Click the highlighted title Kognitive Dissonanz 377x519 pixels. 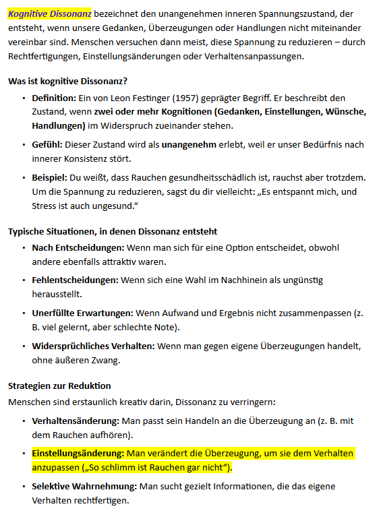tap(50, 13)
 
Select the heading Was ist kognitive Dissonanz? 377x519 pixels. tap(67, 81)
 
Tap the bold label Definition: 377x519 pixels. tap(54, 98)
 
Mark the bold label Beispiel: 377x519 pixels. tap(50, 177)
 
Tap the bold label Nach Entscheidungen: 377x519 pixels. tap(78, 248)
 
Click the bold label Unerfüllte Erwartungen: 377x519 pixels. tap(82, 313)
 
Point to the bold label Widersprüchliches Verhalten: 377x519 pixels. tap(93, 346)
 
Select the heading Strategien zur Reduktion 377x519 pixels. tap(59, 386)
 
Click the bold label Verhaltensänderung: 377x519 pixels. tap(76, 421)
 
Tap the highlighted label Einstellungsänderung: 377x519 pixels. tap(78, 453)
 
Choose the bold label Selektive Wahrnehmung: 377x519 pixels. tap(83, 486)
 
